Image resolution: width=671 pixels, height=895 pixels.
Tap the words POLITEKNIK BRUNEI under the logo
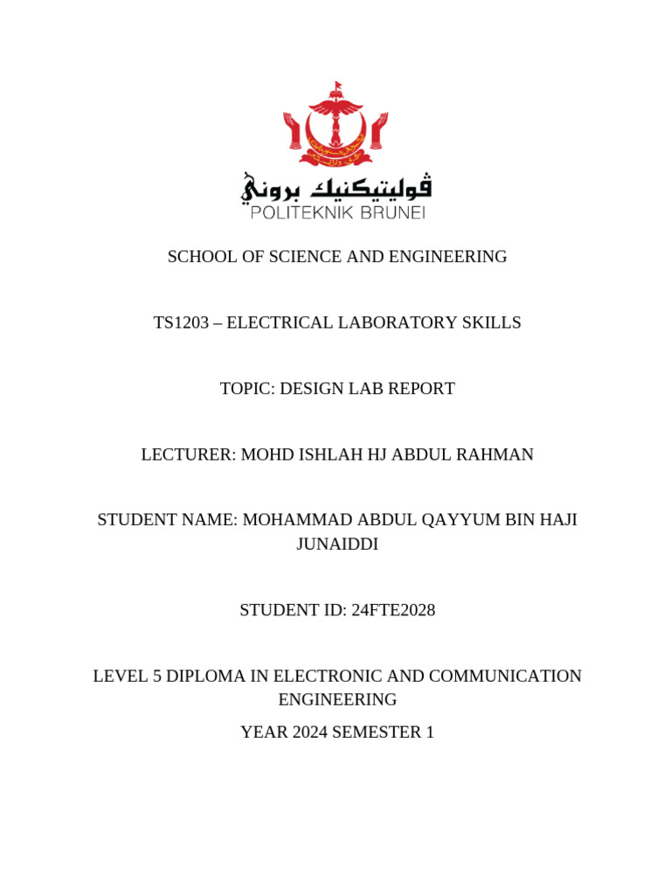coord(337,212)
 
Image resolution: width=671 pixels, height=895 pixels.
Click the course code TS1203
coord(182,323)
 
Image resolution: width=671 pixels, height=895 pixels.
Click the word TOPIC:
coord(246,389)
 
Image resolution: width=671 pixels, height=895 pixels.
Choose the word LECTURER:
coord(188,454)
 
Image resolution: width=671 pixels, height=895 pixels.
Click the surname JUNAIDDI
coord(337,545)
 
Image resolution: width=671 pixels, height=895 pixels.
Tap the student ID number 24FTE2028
coord(392,610)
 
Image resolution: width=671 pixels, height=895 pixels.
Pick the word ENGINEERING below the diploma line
coord(337,700)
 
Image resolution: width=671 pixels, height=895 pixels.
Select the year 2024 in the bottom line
coord(308,732)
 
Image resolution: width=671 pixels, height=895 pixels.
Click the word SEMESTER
coord(377,732)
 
